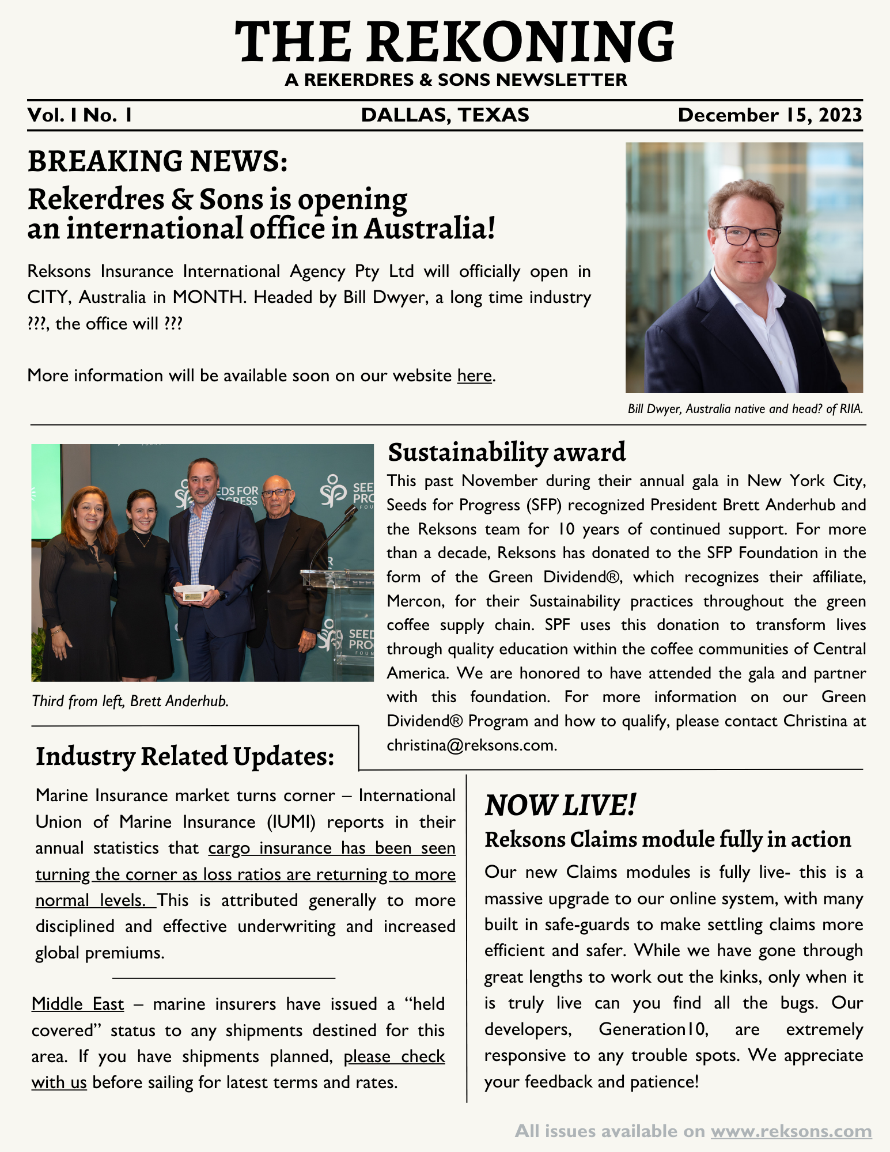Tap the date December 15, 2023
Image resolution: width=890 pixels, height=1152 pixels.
coord(770,115)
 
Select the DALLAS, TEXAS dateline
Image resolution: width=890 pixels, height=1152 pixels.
coord(445,115)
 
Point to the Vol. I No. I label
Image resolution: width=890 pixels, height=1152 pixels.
coord(80,115)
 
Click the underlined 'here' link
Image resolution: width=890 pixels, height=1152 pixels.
coord(474,376)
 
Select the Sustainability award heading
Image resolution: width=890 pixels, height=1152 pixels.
coord(506,452)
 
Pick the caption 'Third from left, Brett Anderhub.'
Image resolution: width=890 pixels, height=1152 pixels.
coord(131,701)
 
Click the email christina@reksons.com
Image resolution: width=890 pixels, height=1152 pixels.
coord(471,745)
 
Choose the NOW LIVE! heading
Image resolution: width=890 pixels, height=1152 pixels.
coord(560,805)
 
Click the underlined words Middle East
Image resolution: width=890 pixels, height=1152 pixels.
coord(78,1004)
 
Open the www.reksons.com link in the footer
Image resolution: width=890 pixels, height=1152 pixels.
coord(791,1131)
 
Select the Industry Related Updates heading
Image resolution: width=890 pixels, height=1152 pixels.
coord(185,756)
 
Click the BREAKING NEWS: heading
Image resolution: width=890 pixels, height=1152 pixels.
coord(157,161)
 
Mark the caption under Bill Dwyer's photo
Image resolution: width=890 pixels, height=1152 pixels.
coord(745,409)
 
